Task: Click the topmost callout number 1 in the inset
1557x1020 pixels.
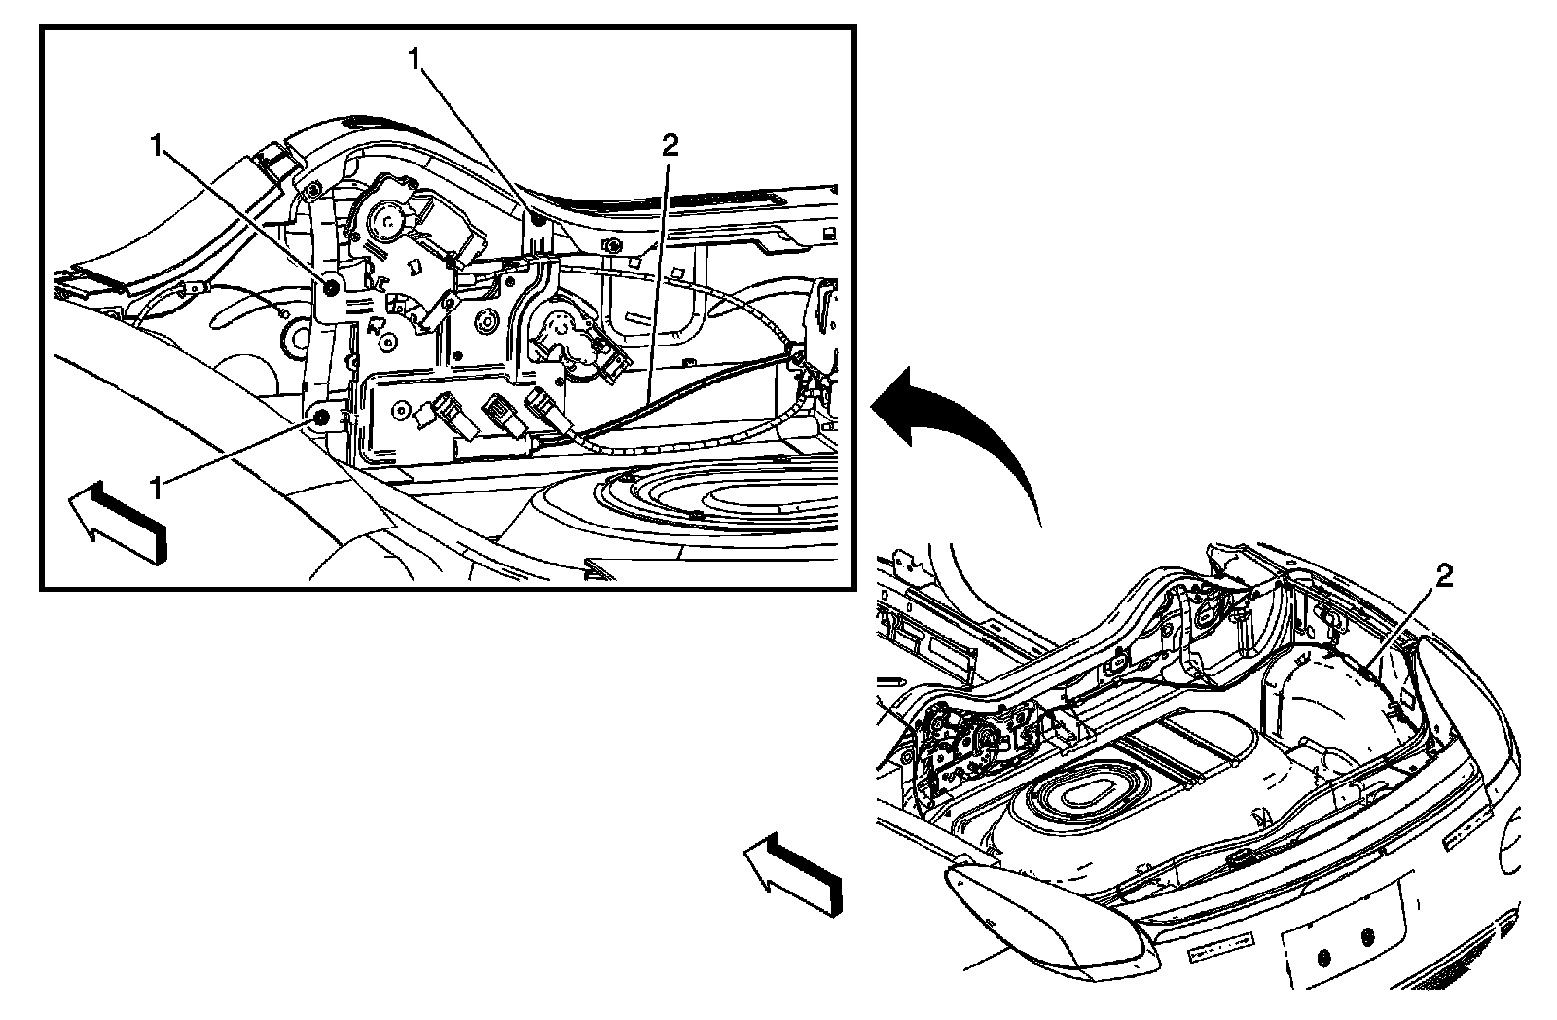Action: (416, 59)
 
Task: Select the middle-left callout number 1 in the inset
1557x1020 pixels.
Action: (155, 146)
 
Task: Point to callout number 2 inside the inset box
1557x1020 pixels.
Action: (669, 146)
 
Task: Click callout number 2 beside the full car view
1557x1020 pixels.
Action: (1444, 578)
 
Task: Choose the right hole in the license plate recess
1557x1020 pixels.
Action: (1367, 937)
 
